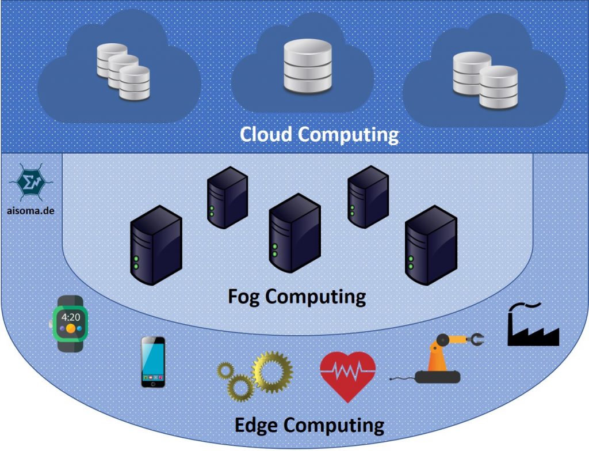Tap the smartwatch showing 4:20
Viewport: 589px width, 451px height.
pos(71,323)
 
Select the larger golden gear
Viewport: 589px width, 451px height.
pos(272,372)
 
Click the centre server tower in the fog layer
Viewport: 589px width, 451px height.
pos(294,233)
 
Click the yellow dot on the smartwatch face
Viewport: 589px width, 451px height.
pos(70,329)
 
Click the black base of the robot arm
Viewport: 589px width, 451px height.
pos(438,377)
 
